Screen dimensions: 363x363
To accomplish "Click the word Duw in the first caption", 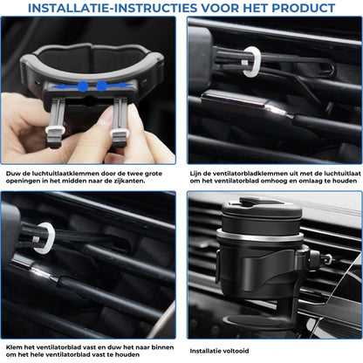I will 12,174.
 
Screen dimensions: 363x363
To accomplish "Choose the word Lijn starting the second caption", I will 197,174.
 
